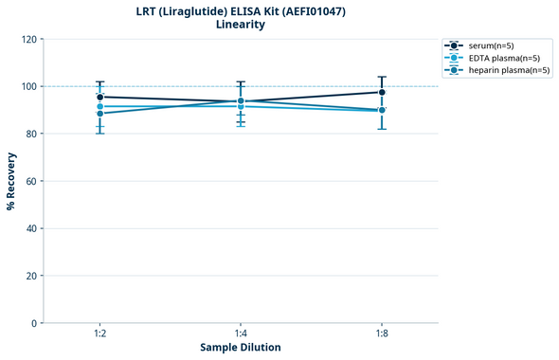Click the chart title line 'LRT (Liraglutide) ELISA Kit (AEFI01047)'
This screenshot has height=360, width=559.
[x=240, y=10]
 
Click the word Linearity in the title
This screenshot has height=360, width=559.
[x=240, y=25]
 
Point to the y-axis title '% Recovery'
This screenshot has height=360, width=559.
[x=11, y=180]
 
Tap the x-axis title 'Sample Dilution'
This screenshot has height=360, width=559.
[x=240, y=348]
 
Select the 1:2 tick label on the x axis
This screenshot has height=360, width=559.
[x=99, y=333]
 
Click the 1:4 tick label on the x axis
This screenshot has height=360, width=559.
[x=241, y=333]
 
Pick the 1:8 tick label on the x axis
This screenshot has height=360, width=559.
[x=382, y=333]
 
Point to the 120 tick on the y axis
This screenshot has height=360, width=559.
[x=28, y=39]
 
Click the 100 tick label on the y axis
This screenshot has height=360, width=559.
[x=28, y=86]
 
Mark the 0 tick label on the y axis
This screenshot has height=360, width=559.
[x=34, y=323]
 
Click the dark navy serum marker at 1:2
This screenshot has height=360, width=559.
[x=99, y=97]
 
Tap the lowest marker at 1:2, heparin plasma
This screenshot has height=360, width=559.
[x=99, y=114]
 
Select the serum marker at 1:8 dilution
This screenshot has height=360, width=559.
[x=382, y=92]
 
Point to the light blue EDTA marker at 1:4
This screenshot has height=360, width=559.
[x=241, y=106]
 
